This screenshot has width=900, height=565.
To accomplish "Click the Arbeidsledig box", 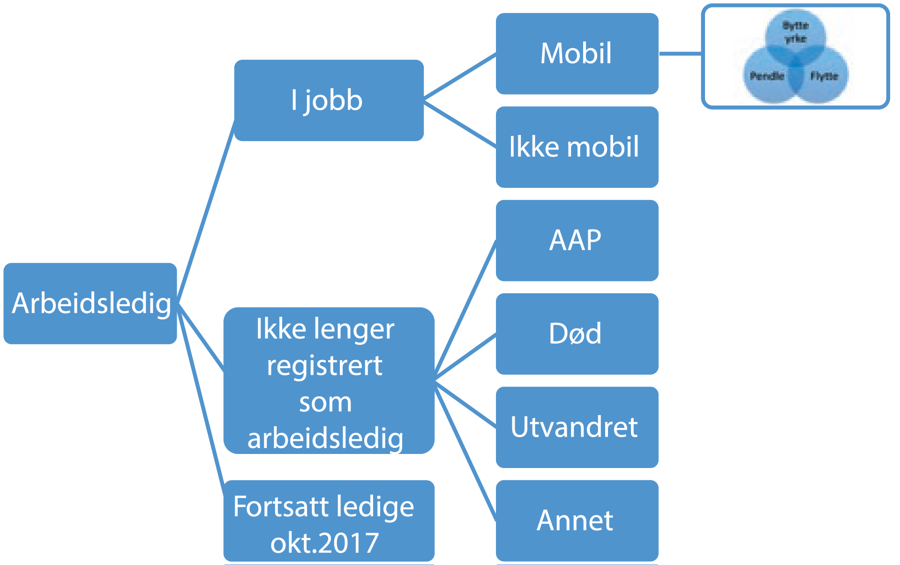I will point(90,303).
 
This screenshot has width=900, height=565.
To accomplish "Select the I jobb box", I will point(328,100).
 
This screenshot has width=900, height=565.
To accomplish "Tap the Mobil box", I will point(577,53).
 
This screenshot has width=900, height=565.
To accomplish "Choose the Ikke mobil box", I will point(577,147).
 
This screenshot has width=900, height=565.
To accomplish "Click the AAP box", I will point(577,240).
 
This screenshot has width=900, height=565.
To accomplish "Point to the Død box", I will point(577,334).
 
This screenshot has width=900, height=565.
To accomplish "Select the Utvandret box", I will point(577,427).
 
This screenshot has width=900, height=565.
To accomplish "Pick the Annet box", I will point(577,520).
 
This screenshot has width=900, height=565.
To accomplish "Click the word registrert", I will point(324,365).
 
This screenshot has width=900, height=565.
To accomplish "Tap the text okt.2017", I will point(324,543).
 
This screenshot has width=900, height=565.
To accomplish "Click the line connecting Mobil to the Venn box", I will point(680,53).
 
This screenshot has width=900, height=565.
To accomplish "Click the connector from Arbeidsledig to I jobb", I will point(206,211).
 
